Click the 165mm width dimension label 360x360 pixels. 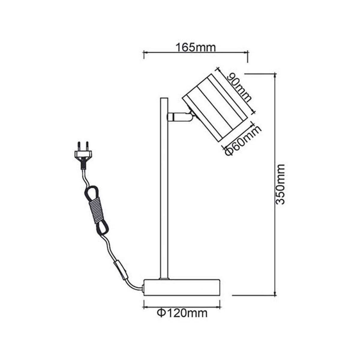click(196, 47)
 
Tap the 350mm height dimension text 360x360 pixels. click(280, 184)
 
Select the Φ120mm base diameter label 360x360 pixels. click(182, 313)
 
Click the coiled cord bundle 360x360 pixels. click(96, 210)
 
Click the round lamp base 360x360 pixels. click(182, 288)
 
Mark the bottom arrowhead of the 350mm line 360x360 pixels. click(275, 295)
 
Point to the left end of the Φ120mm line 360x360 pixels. click(144, 307)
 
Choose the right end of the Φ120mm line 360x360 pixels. click(220, 307)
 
